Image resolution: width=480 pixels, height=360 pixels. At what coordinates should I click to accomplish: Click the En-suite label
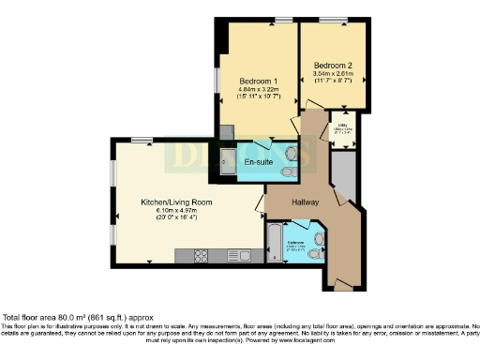(259, 162)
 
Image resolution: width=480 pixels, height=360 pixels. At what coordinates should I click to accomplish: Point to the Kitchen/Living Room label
(176, 202)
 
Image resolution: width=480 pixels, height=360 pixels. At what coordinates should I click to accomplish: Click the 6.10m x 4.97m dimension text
(176, 211)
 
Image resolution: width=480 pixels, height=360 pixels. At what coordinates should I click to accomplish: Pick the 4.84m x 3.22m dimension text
(256, 89)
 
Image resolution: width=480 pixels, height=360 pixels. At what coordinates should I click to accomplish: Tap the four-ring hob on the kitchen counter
(202, 255)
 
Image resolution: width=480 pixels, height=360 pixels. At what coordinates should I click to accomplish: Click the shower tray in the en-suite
(229, 161)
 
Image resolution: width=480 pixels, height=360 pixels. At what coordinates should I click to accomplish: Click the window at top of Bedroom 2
(332, 20)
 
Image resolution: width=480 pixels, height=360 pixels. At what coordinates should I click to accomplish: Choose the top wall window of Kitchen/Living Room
(142, 140)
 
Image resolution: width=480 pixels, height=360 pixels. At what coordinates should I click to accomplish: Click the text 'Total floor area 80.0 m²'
(56, 317)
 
